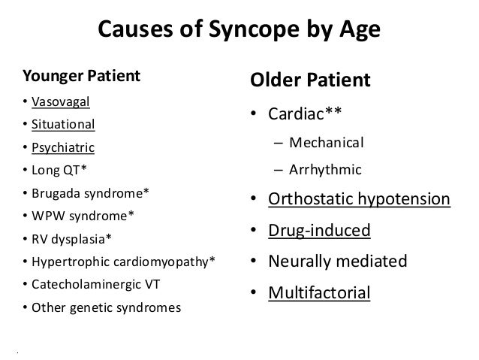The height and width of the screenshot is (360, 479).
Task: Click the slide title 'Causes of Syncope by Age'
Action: pyautogui.click(x=239, y=31)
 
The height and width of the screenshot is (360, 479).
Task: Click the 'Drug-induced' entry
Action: pyautogui.click(x=321, y=230)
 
